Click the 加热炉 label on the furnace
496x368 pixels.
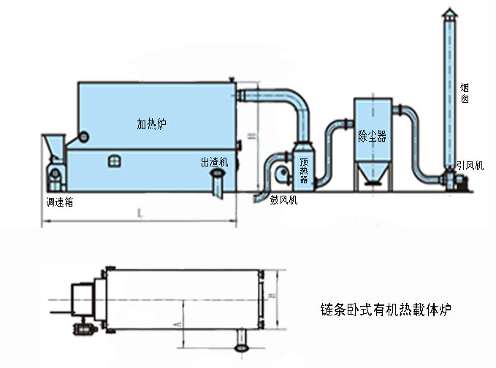click(x=152, y=123)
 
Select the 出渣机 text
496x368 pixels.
click(x=214, y=162)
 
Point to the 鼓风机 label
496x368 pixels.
click(x=283, y=199)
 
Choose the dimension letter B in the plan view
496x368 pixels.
click(x=271, y=296)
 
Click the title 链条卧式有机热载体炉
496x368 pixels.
click(x=386, y=310)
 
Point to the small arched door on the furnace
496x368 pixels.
click(x=112, y=161)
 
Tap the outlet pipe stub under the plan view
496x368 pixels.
click(x=240, y=341)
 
